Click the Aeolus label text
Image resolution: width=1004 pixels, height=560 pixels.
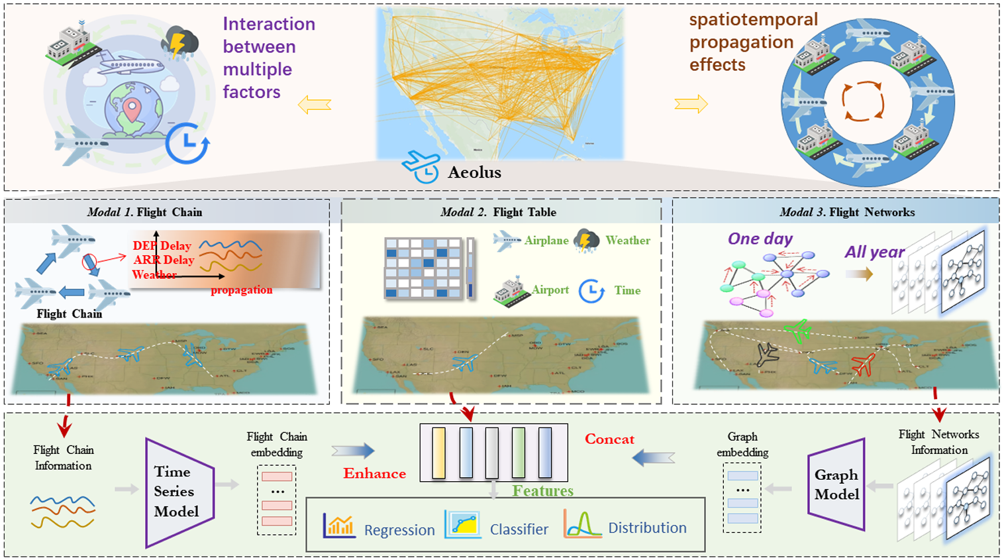474,172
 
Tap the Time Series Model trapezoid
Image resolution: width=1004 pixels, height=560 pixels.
177,492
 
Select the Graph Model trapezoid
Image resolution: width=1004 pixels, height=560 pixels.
837,484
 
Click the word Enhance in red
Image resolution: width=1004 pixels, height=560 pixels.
374,473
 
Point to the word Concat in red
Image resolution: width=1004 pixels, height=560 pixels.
609,439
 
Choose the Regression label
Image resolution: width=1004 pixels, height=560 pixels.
399,530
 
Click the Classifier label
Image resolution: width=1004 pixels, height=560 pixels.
519,530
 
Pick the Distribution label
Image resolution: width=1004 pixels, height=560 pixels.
647,528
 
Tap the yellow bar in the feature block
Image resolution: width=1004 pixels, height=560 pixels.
438,453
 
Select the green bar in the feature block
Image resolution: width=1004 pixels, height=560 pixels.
519,453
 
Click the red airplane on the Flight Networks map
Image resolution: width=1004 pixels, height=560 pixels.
864,364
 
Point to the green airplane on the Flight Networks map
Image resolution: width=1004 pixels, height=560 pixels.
797,330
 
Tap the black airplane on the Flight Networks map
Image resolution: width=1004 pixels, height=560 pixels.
767,355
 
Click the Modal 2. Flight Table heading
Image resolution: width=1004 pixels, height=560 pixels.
498,212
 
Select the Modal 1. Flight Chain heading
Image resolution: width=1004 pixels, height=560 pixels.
144,212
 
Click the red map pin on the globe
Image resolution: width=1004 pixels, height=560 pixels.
132,110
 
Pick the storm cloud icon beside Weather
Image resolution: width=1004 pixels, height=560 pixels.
586,241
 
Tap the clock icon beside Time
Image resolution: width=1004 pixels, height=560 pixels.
591,290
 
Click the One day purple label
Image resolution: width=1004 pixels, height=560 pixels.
760,239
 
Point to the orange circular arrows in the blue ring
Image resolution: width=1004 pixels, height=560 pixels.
862,101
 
